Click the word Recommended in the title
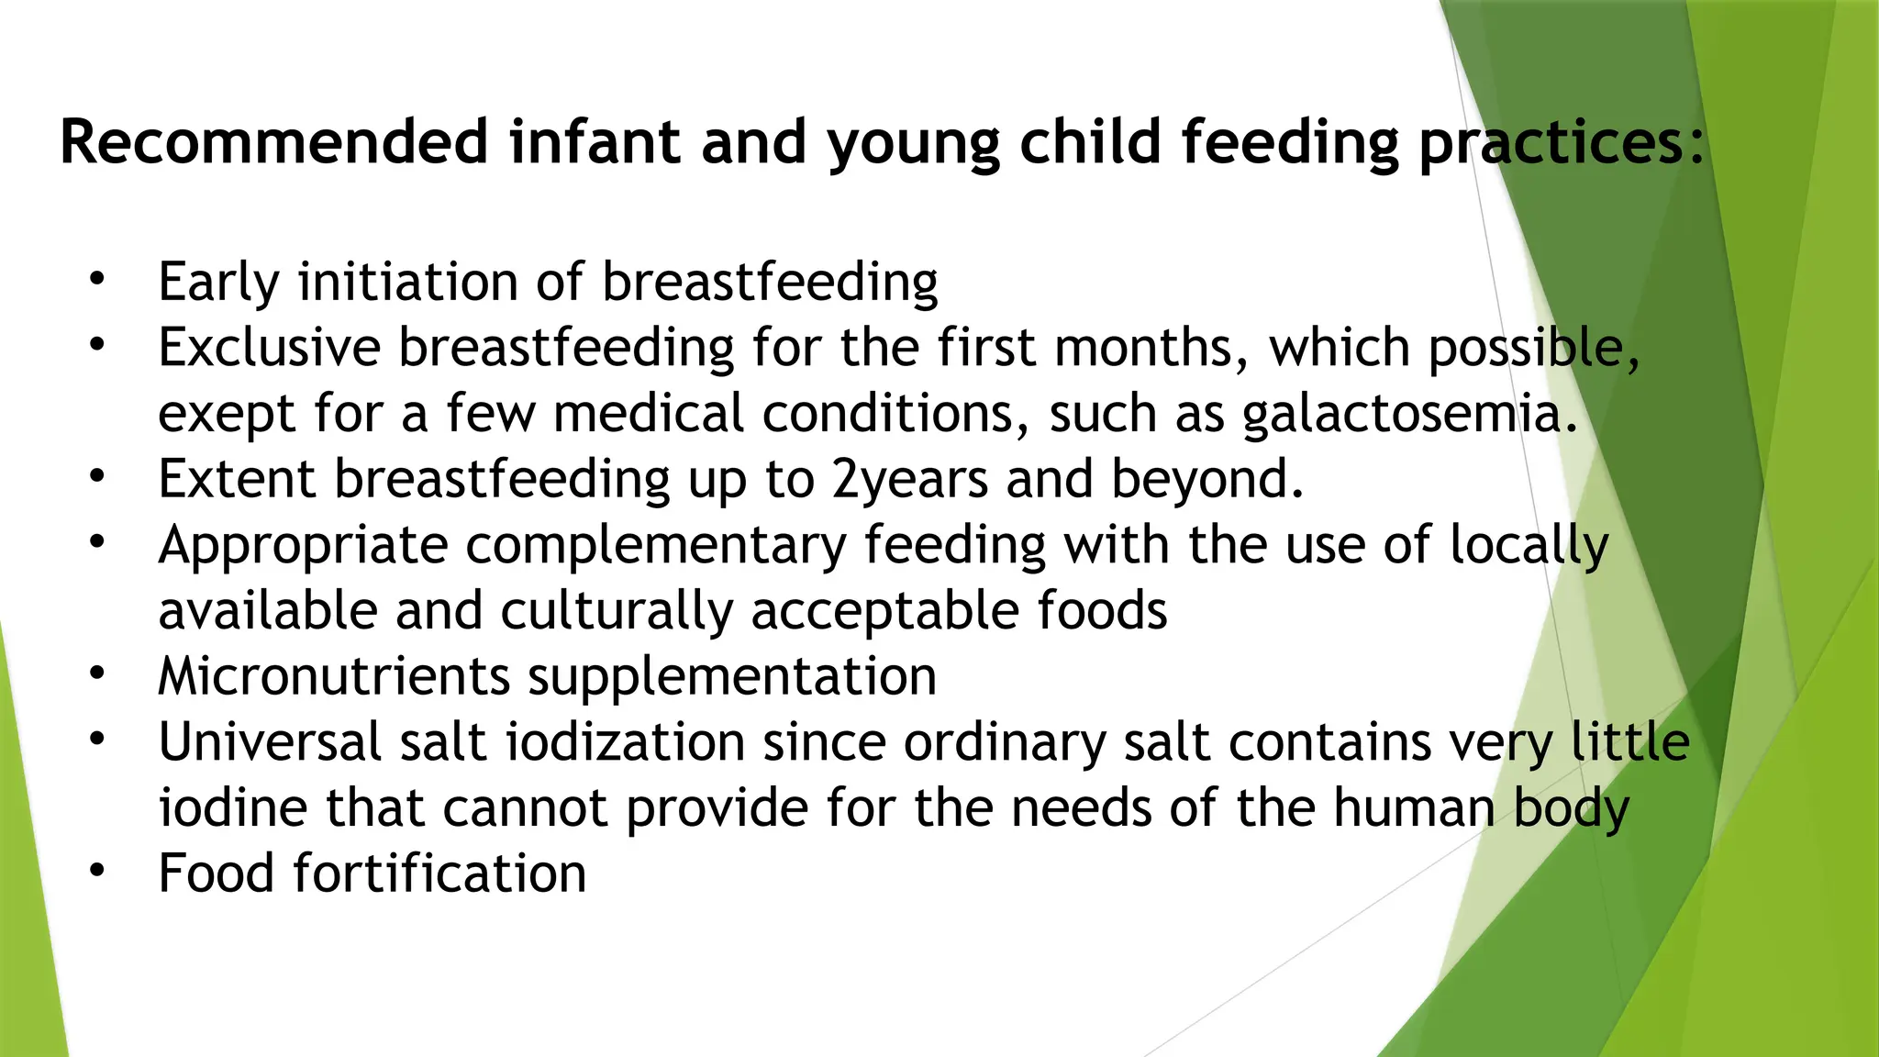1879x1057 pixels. tap(273, 142)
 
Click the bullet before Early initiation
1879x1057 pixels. tap(98, 277)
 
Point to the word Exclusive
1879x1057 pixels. tap(269, 348)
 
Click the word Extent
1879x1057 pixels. tap(237, 480)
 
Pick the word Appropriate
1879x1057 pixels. tap(303, 546)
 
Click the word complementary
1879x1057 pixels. tap(655, 546)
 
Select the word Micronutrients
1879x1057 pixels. tap(334, 677)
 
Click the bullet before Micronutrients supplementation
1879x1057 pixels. tap(98, 673)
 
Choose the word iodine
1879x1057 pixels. tap(233, 808)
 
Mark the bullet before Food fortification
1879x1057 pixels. tap(98, 871)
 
